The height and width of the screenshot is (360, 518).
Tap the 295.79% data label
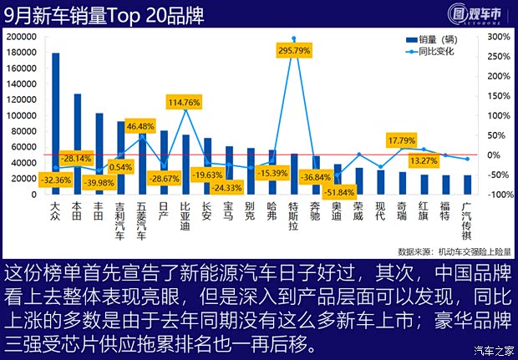[293, 50]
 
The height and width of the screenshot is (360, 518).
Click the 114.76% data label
[184, 102]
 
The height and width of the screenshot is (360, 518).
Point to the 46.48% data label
[140, 125]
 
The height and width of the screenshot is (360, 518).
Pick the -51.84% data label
[337, 192]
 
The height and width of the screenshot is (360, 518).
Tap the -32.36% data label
[55, 179]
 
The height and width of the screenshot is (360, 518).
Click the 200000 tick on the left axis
[18, 38]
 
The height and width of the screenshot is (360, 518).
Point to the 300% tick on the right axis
[496, 38]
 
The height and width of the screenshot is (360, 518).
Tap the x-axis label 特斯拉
[294, 215]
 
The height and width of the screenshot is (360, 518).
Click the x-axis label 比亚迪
[185, 215]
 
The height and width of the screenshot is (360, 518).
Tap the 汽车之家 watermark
[493, 349]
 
